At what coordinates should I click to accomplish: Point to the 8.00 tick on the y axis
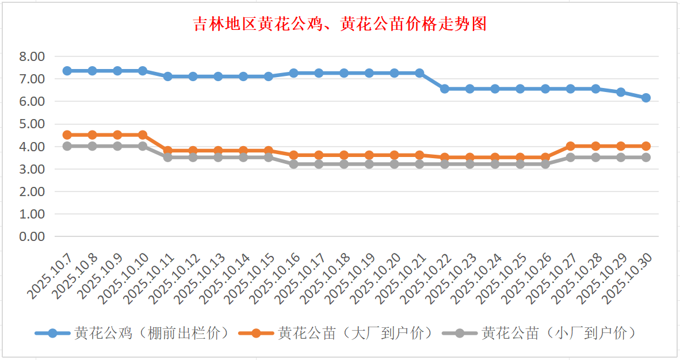(32, 56)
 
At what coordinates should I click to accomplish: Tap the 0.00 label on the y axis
(32, 236)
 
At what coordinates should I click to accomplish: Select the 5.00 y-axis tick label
(32, 124)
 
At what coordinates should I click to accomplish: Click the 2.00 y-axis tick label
(32, 192)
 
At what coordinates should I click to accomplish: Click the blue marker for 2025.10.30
(646, 98)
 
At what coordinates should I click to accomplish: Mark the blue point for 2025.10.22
(445, 89)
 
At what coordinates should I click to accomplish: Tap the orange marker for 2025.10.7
(67, 135)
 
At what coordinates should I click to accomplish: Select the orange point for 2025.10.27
(571, 146)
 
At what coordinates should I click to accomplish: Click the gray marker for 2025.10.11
(167, 157)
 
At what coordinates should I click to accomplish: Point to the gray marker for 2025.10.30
(646, 157)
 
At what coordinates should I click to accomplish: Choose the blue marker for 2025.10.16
(293, 73)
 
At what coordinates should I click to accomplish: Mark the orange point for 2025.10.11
(167, 151)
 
